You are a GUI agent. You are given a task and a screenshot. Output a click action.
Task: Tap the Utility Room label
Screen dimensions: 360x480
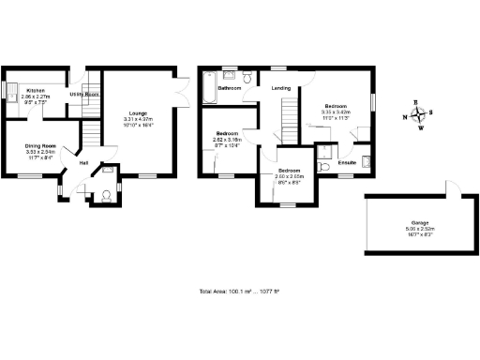point(83,95)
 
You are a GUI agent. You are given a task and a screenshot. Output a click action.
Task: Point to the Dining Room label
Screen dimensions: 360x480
point(39,145)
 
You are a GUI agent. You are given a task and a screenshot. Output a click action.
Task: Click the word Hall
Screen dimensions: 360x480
point(83,162)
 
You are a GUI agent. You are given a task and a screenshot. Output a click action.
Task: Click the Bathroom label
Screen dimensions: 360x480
point(231,88)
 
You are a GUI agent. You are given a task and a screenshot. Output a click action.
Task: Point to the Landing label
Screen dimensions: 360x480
point(280,88)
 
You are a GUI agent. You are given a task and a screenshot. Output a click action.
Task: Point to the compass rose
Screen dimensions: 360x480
point(419,115)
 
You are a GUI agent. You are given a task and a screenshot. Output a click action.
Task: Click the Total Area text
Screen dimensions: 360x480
point(240,292)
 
